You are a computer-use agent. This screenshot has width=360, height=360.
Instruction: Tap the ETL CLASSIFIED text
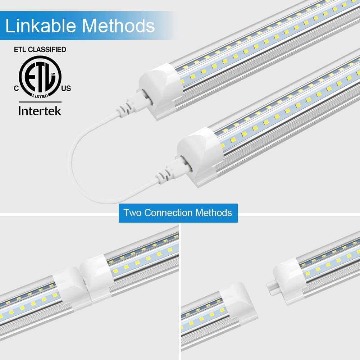[40, 50]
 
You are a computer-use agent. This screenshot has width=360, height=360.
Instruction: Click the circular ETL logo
[40, 76]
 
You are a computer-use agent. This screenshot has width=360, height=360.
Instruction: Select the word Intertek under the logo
[40, 110]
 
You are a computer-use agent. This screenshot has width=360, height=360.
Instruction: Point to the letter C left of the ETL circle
[16, 88]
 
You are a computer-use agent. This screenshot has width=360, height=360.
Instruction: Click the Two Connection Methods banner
[178, 213]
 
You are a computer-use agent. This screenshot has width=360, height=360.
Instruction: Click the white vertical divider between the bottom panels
[180, 288]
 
